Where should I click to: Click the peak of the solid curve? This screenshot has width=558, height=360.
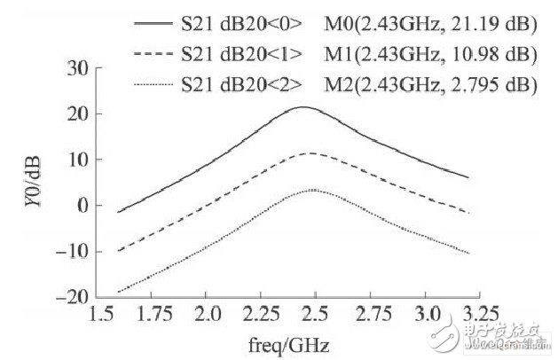click(303, 107)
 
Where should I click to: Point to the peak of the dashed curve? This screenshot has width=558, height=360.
click(306, 153)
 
